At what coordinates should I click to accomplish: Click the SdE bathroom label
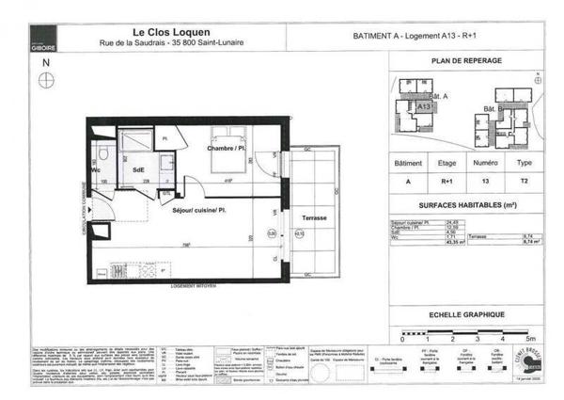click(x=138, y=169)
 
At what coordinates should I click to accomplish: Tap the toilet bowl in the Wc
click(x=106, y=156)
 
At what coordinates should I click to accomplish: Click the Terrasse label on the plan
click(x=314, y=217)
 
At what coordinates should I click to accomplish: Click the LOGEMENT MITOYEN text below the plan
click(x=194, y=282)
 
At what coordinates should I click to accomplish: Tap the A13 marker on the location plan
click(x=423, y=107)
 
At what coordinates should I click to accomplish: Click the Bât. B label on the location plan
click(x=491, y=109)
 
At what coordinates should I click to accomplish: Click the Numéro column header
click(x=485, y=163)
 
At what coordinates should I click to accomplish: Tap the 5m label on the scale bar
click(x=530, y=337)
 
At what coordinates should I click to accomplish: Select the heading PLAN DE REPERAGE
click(x=467, y=60)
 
